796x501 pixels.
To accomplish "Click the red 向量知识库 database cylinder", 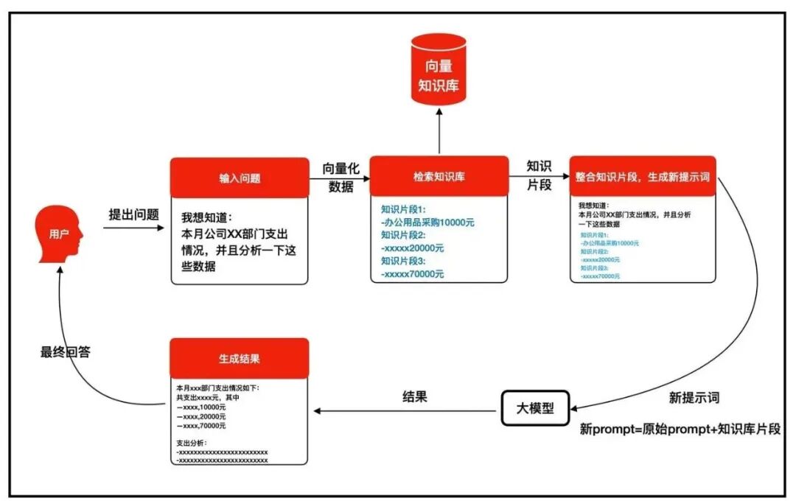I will click(x=439, y=68).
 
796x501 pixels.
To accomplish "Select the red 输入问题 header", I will click(x=240, y=178).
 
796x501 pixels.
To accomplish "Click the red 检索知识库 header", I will click(x=439, y=176).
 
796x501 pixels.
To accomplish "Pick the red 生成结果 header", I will click(x=240, y=359).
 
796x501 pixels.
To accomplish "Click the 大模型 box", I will click(x=536, y=407).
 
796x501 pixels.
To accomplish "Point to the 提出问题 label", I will click(x=133, y=214).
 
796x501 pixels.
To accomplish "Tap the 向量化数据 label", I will click(x=341, y=178).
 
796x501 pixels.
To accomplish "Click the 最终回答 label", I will click(x=66, y=352).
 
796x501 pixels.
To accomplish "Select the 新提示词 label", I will click(x=694, y=398).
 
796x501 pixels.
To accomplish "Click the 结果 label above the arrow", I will click(x=414, y=396).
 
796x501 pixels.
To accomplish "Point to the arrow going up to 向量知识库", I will click(x=439, y=131).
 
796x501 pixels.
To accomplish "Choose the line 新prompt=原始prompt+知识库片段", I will click(x=680, y=429).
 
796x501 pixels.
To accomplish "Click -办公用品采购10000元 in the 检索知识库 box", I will click(x=427, y=222).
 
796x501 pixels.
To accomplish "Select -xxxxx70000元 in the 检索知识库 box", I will click(x=413, y=273).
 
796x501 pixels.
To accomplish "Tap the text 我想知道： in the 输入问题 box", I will click(x=206, y=217).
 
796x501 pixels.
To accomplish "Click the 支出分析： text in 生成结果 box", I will click(x=193, y=443).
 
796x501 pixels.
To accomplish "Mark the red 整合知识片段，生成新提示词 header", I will click(x=642, y=177).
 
